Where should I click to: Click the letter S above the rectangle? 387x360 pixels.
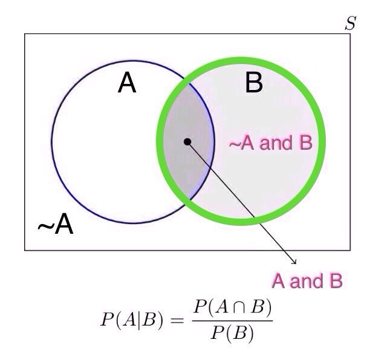(x=350, y=24)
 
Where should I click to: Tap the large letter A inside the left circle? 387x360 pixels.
(x=127, y=83)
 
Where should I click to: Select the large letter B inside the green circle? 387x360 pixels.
(x=254, y=83)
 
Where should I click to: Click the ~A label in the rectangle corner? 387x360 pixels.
(x=56, y=225)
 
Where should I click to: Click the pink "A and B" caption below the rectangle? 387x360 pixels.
(x=307, y=281)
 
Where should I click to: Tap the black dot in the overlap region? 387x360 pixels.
(x=187, y=141)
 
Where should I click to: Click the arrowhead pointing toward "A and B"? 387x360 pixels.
(x=294, y=262)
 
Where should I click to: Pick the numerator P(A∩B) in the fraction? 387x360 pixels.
(x=232, y=308)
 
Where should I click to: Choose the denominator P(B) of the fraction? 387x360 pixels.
(x=232, y=333)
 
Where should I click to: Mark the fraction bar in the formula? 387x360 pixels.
(x=232, y=320)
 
